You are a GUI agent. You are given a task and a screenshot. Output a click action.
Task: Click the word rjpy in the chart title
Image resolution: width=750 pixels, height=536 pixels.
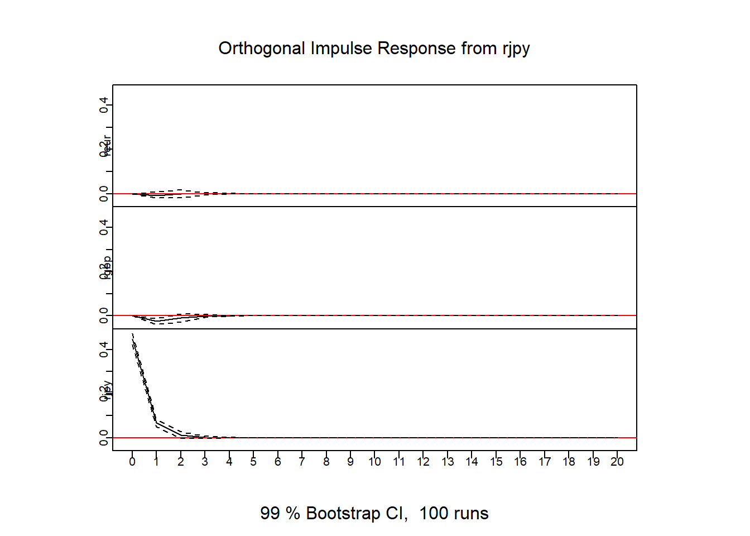(x=516, y=49)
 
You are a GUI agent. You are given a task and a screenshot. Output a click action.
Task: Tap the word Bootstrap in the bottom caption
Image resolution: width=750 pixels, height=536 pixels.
(x=343, y=513)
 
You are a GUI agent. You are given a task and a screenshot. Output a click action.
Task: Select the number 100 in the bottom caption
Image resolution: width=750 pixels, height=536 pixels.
(x=434, y=513)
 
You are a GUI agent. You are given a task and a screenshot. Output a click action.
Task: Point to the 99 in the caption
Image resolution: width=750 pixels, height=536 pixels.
(x=270, y=513)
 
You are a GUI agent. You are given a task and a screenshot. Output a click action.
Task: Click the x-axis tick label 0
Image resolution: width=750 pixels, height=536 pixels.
(x=132, y=462)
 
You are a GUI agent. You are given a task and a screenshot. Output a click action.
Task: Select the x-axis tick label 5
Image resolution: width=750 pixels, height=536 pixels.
(x=253, y=462)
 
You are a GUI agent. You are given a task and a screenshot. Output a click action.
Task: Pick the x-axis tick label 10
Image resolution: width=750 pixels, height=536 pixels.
(x=374, y=462)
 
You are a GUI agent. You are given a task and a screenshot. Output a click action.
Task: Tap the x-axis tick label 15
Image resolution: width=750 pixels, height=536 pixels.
(x=496, y=462)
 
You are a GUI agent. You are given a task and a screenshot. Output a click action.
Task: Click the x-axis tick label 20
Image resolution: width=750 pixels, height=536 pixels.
(x=617, y=462)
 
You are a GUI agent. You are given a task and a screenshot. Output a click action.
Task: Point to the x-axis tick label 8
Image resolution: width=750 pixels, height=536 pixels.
(x=326, y=462)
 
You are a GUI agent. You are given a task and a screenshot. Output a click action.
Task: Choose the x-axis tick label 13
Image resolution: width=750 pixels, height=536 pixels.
(x=448, y=462)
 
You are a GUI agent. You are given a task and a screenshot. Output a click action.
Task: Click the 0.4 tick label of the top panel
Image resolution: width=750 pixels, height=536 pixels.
(x=104, y=105)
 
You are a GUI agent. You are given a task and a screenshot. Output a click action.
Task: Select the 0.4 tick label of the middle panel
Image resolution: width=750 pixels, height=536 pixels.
(x=104, y=227)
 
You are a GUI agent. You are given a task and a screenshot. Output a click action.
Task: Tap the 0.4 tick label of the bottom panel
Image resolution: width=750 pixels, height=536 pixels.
(x=104, y=350)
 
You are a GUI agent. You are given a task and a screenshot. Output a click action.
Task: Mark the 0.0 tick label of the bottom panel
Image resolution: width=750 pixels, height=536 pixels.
(x=104, y=438)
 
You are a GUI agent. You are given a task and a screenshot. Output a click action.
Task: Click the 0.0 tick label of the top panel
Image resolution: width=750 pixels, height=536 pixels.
(x=104, y=194)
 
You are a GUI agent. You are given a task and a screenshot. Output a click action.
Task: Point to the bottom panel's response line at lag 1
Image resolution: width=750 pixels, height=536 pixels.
(x=157, y=423)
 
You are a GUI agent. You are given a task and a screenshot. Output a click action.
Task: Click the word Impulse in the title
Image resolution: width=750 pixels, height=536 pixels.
(x=341, y=49)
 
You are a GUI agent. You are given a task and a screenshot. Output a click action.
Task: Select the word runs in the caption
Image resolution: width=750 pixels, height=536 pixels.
(x=471, y=513)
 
